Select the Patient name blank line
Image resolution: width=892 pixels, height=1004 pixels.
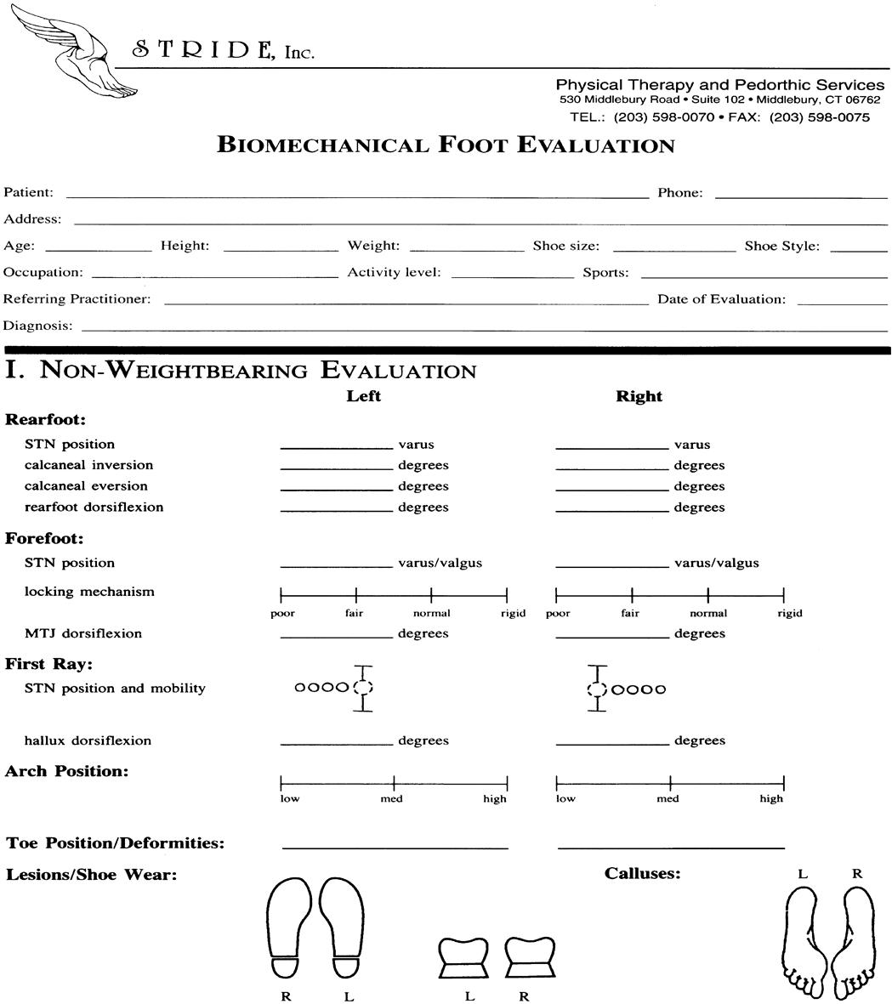point(357,196)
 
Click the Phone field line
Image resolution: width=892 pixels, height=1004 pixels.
point(801,196)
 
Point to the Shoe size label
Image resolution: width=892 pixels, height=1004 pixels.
point(565,247)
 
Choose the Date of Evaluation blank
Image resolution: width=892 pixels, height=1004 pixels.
point(842,302)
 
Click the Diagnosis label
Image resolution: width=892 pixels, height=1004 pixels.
point(37,326)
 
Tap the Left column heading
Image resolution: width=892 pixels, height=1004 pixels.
point(363,396)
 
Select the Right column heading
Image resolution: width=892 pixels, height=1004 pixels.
point(639,396)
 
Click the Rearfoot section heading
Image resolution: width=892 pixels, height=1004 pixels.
point(46,419)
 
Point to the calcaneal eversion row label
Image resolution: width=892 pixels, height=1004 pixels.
point(86,486)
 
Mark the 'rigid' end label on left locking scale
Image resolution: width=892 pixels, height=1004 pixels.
point(513,613)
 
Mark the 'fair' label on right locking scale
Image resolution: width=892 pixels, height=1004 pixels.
point(630,613)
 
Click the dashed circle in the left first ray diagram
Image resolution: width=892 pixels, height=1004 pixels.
point(363,688)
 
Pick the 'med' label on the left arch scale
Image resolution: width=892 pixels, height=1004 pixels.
point(392,798)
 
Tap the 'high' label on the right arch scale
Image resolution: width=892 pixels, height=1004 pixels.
point(771,798)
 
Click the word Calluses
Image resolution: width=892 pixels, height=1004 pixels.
point(642,873)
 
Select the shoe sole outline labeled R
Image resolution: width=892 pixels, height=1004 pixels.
point(287,928)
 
